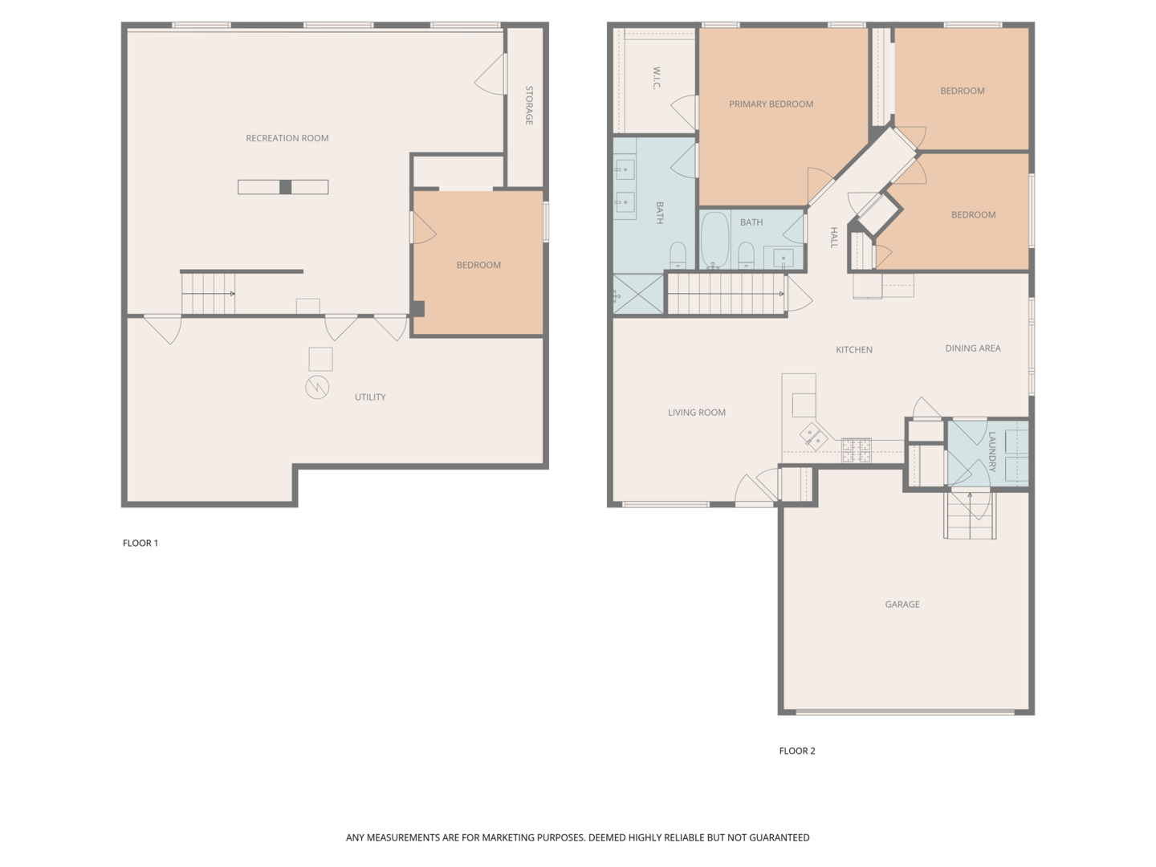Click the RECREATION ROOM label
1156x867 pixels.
[287, 138]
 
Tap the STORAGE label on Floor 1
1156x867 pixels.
[529, 105]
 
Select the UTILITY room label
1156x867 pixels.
[370, 397]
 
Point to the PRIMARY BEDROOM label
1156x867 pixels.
[771, 104]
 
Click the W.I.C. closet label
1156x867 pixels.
[656, 78]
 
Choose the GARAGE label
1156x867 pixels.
[902, 604]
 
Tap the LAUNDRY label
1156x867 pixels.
[991, 452]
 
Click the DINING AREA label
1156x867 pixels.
[972, 348]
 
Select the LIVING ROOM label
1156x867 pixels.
[696, 412]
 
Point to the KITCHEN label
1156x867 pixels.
[853, 349]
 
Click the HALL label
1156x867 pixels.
[834, 238]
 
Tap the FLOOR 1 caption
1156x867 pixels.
[140, 543]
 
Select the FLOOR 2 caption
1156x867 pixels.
[797, 751]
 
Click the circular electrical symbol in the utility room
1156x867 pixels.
[317, 388]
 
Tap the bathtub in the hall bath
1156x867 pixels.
[714, 240]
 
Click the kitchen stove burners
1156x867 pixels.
[856, 450]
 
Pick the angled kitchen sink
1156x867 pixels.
[813, 437]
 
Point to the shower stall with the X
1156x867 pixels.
[638, 295]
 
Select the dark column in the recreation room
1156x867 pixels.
[285, 187]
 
